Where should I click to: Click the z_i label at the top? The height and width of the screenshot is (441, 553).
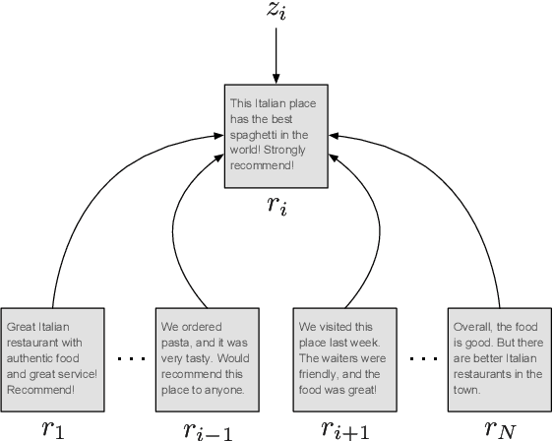click(276, 14)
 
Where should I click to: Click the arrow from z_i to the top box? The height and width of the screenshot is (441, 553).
click(276, 58)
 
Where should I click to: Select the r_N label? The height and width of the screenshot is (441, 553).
click(497, 427)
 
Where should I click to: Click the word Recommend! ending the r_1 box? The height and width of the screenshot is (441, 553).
click(40, 390)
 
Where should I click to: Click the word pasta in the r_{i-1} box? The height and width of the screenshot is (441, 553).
click(177, 343)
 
